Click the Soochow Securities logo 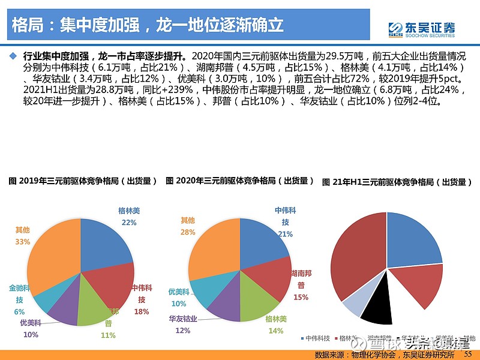click(421, 29)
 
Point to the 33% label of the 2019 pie click(22, 242)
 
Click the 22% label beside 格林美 click(129, 222)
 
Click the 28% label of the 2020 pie click(188, 232)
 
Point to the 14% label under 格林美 click(275, 331)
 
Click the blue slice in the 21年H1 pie click(414, 240)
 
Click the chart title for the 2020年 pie click(240, 180)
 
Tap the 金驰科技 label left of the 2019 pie click(20, 293)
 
